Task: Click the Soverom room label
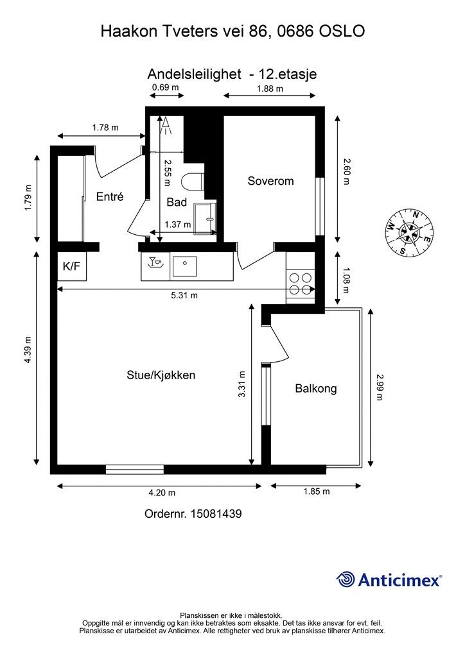(270, 181)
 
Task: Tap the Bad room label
(177, 202)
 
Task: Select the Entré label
(110, 196)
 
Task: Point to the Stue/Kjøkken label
(161, 375)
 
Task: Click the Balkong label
(316, 388)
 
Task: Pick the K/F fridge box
(72, 266)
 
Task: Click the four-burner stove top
(301, 284)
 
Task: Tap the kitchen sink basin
(184, 266)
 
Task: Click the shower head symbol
(166, 125)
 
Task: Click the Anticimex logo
(389, 579)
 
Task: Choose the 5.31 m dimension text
(184, 295)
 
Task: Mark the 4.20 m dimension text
(162, 493)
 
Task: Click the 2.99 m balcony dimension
(380, 387)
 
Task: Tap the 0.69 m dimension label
(165, 87)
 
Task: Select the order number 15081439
(216, 514)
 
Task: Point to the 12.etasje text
(288, 74)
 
